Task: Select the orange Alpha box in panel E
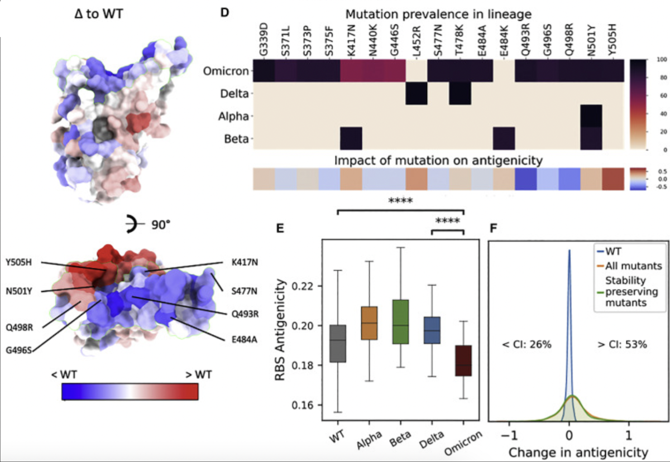click(368, 323)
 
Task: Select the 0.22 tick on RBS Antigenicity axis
click(307, 286)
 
